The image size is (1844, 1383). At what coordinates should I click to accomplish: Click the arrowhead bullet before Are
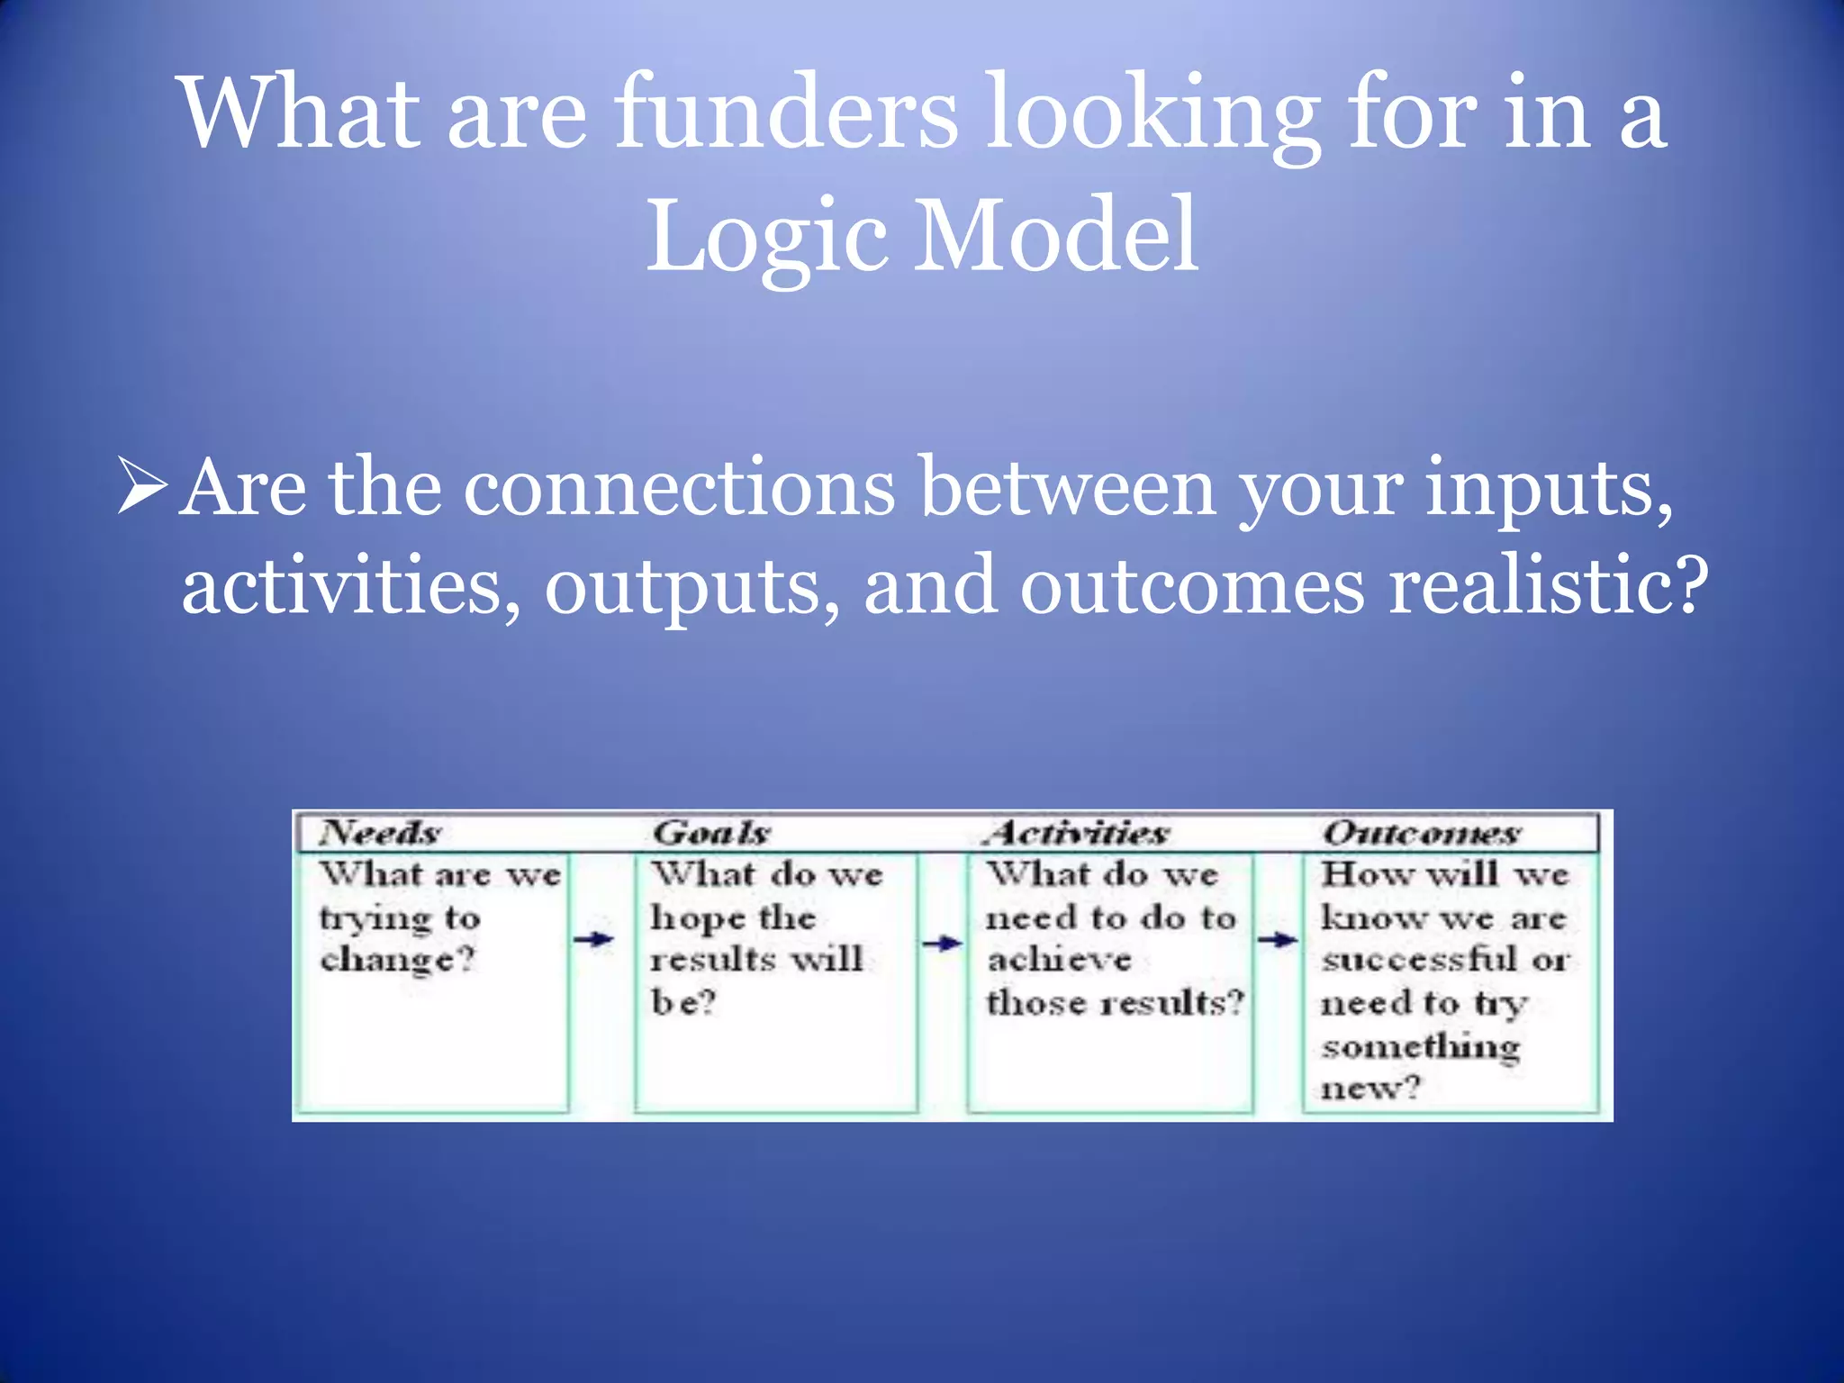[x=142, y=486]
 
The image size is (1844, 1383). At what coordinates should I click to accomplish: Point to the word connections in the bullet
[x=679, y=488]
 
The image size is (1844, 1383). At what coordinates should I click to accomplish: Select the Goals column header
[x=711, y=833]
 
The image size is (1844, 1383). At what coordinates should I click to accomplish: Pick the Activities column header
[x=1077, y=833]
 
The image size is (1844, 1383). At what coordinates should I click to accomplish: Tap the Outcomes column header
[x=1421, y=833]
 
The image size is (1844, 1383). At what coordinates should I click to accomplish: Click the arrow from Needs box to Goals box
[x=594, y=940]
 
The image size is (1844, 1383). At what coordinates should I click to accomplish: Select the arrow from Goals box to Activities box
[x=942, y=944]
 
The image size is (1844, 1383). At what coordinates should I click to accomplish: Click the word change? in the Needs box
[x=397, y=960]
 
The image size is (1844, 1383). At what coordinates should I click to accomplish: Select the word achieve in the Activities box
[x=1059, y=960]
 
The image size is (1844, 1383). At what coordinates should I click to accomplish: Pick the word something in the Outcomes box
[x=1421, y=1046]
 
